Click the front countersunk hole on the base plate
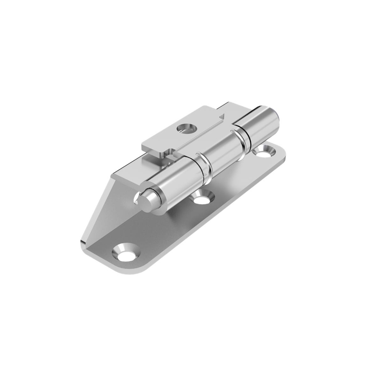coord(125,252)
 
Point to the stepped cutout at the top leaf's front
coord(167,151)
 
